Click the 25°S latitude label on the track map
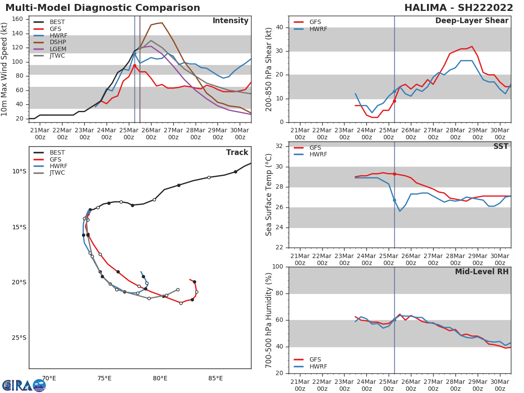point(19,338)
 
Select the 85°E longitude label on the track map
point(215,378)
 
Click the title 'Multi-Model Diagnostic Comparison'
point(103,8)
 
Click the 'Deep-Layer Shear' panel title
point(472,21)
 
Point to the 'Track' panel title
point(237,153)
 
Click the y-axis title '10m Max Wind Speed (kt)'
point(5,69)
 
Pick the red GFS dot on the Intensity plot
point(134,65)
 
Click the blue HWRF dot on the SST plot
point(394,200)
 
